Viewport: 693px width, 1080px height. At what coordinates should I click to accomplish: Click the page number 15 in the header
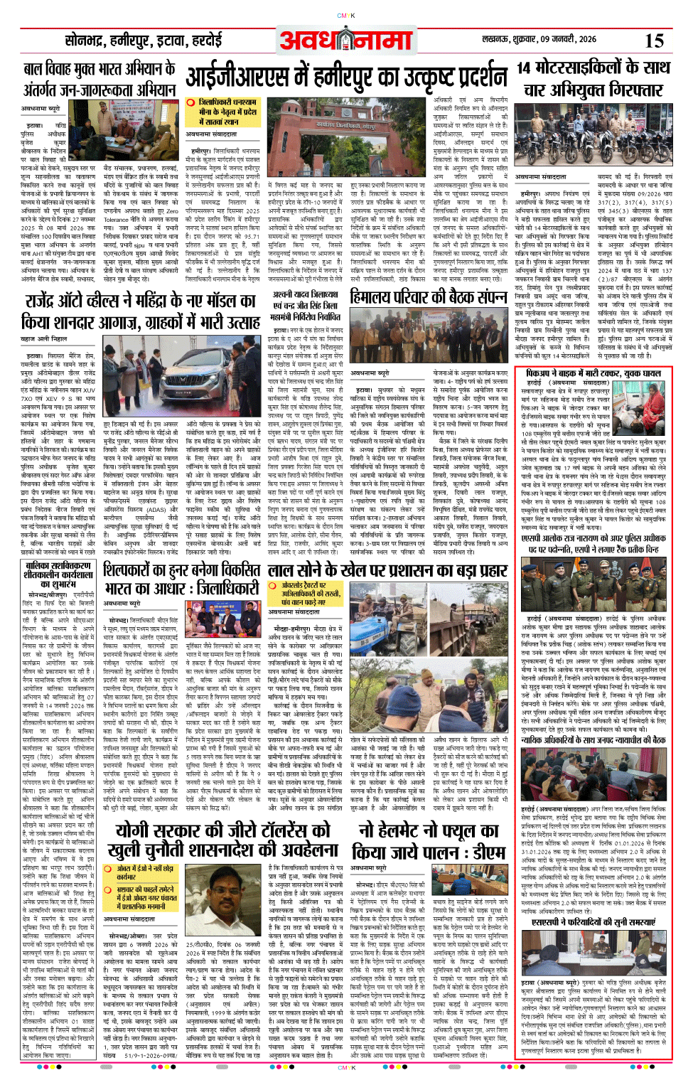tap(654, 41)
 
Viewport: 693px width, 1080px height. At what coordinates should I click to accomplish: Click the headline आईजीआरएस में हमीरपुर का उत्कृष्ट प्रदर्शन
tap(347, 77)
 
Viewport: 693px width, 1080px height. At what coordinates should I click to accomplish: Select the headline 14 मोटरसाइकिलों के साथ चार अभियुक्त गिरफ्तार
tap(593, 78)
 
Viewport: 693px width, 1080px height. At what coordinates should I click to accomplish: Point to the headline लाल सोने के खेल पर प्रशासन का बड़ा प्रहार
tap(387, 572)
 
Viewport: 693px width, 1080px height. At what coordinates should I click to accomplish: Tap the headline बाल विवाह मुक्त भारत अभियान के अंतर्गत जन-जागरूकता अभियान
tap(100, 79)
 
